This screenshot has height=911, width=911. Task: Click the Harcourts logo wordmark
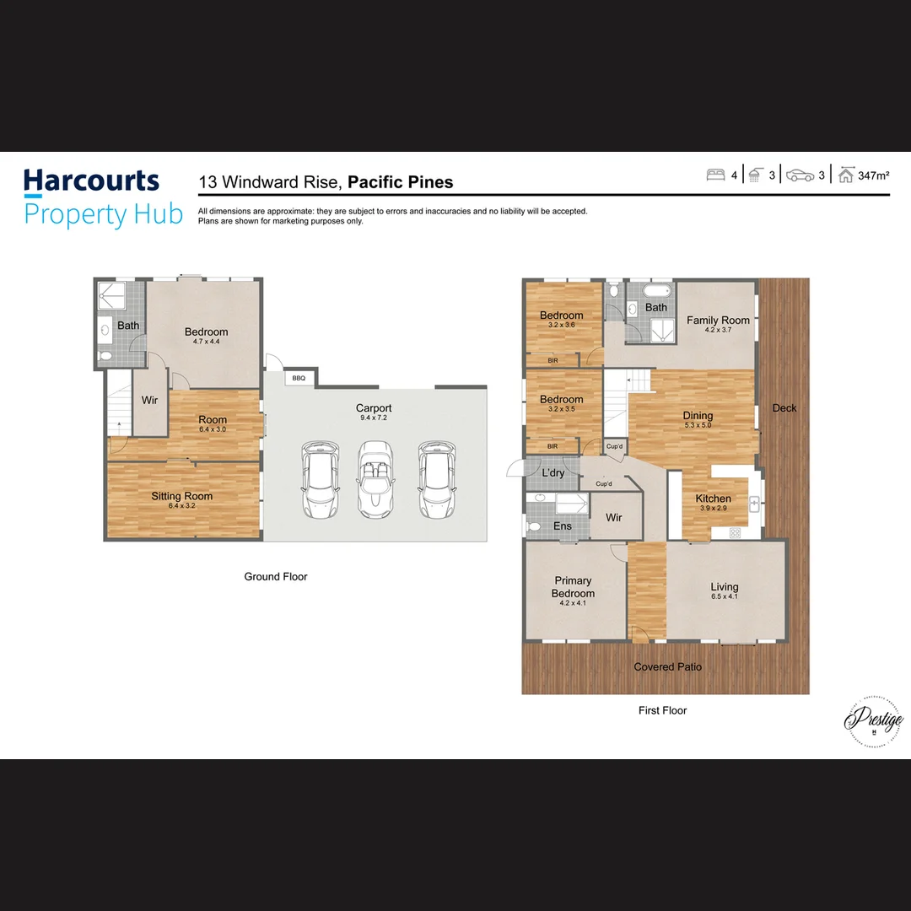point(91,181)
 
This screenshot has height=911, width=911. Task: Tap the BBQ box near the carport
point(299,378)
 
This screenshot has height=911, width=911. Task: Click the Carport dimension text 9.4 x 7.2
point(373,418)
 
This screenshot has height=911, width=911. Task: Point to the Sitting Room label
point(182,496)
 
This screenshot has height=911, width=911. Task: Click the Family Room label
point(718,321)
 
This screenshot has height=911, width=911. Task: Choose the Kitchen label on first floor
point(713,499)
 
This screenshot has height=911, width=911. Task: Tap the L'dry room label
point(553,473)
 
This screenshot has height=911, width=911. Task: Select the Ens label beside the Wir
point(563,526)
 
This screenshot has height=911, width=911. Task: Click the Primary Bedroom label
point(574,587)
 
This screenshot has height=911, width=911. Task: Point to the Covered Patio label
point(667,667)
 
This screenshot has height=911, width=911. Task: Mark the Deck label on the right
point(784,408)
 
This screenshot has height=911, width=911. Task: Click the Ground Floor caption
point(276,577)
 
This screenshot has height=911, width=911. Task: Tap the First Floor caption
point(662,711)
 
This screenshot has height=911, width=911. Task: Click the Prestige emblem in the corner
point(873,721)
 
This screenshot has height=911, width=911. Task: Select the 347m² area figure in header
point(874,176)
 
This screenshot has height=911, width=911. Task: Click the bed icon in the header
point(715,175)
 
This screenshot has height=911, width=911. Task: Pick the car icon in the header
point(800,175)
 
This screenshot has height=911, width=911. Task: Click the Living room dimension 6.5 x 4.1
point(724,597)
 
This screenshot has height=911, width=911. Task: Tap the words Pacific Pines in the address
point(401,182)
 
